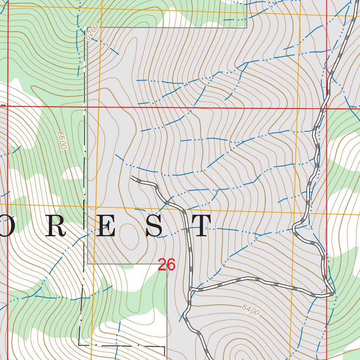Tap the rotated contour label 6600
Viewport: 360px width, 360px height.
63,141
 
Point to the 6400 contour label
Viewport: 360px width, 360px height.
251,310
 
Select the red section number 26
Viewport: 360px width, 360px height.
166,265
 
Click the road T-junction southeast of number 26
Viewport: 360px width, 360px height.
190,290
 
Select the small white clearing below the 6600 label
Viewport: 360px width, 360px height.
73,173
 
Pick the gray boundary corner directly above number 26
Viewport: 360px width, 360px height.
167,264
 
